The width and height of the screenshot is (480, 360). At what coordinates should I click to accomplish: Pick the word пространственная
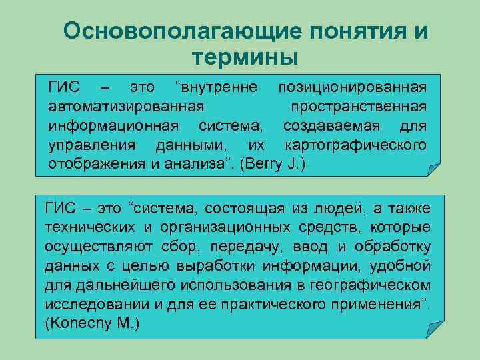click(364, 107)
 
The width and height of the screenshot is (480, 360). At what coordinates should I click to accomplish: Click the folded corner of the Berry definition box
click(431, 169)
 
